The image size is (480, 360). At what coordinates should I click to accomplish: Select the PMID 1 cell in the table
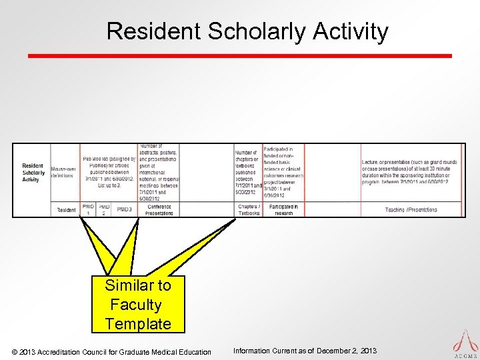coord(88,209)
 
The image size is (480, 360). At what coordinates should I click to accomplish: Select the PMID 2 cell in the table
coord(104,209)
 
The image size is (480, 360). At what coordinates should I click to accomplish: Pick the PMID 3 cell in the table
coord(124,209)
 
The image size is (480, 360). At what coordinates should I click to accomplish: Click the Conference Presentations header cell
coord(159,209)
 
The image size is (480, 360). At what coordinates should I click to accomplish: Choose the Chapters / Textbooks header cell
coord(249,209)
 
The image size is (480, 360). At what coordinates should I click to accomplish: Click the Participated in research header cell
coord(283,209)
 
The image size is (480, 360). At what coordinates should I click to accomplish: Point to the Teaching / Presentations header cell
coord(411,209)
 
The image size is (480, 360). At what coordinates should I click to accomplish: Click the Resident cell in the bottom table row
coord(66,209)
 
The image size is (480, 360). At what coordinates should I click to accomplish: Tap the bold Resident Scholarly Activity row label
coord(33,172)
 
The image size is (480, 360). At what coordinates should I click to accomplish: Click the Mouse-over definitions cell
coord(64,172)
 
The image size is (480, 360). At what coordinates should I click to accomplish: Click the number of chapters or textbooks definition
coord(247,172)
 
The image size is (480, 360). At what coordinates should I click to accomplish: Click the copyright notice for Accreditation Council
coord(112,351)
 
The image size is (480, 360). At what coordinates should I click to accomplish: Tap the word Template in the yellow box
coord(138,324)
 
